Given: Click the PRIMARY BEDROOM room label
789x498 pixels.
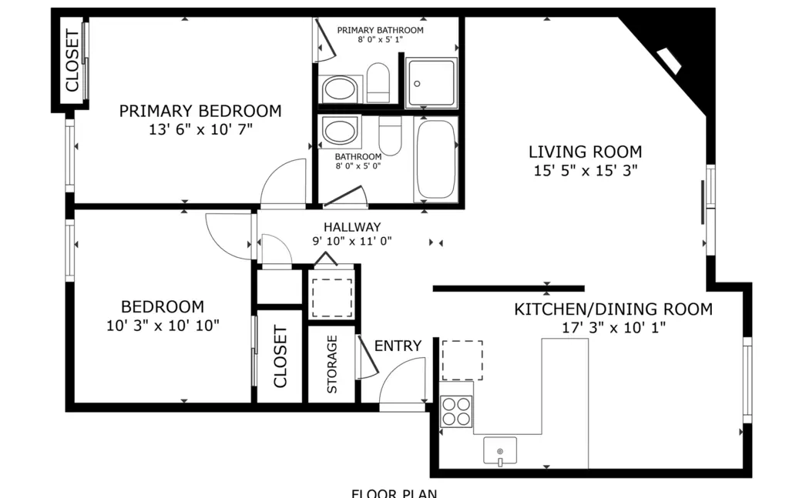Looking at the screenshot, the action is (200, 111).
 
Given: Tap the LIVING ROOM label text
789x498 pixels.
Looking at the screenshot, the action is (586, 152).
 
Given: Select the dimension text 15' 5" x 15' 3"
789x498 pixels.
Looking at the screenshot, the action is (586, 170).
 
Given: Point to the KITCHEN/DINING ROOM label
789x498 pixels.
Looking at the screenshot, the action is (613, 309).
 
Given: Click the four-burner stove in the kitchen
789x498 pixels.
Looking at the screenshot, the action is (456, 411).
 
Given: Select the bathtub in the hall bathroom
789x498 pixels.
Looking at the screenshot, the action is (436, 159).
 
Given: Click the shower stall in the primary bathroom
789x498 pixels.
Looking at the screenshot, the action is (431, 83).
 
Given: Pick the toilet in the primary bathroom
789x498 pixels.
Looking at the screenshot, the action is (378, 83).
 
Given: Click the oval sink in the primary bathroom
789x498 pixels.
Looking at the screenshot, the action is (340, 89).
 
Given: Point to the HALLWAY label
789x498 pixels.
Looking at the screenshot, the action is (352, 227).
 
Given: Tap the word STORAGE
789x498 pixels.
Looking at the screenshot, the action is (332, 364).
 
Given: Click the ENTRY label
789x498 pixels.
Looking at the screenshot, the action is (398, 346).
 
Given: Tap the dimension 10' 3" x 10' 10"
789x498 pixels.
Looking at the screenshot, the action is (163, 326).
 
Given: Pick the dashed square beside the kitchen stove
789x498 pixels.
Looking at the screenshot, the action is (462, 360).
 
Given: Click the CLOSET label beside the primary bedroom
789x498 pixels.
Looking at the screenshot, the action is (72, 61).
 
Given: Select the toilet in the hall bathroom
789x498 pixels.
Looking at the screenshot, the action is (390, 136).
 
